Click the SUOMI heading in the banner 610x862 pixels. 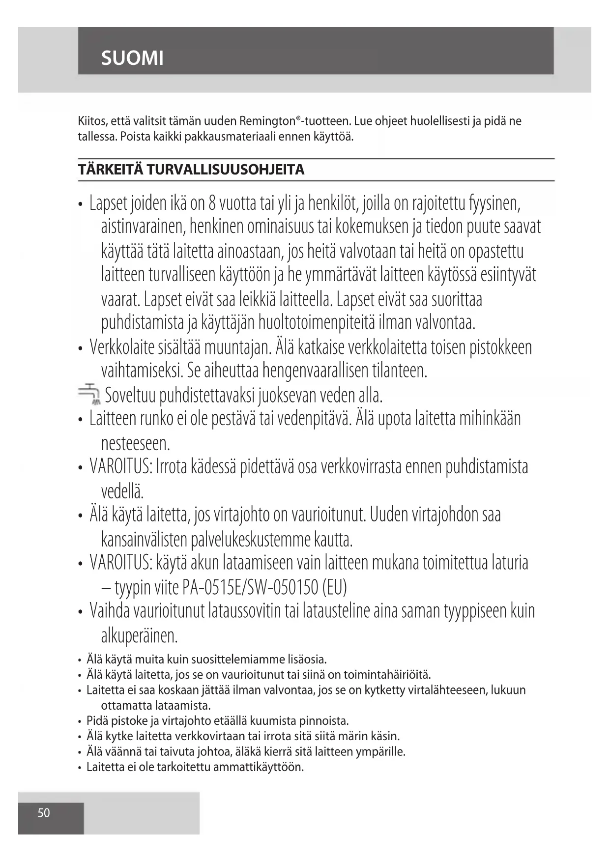[x=132, y=58]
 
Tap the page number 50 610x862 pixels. [x=44, y=813]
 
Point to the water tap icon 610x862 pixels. [x=88, y=393]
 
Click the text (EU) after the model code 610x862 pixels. [x=334, y=587]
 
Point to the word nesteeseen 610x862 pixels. [x=135, y=444]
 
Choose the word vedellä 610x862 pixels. [x=122, y=491]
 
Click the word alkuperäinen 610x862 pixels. [x=139, y=636]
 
